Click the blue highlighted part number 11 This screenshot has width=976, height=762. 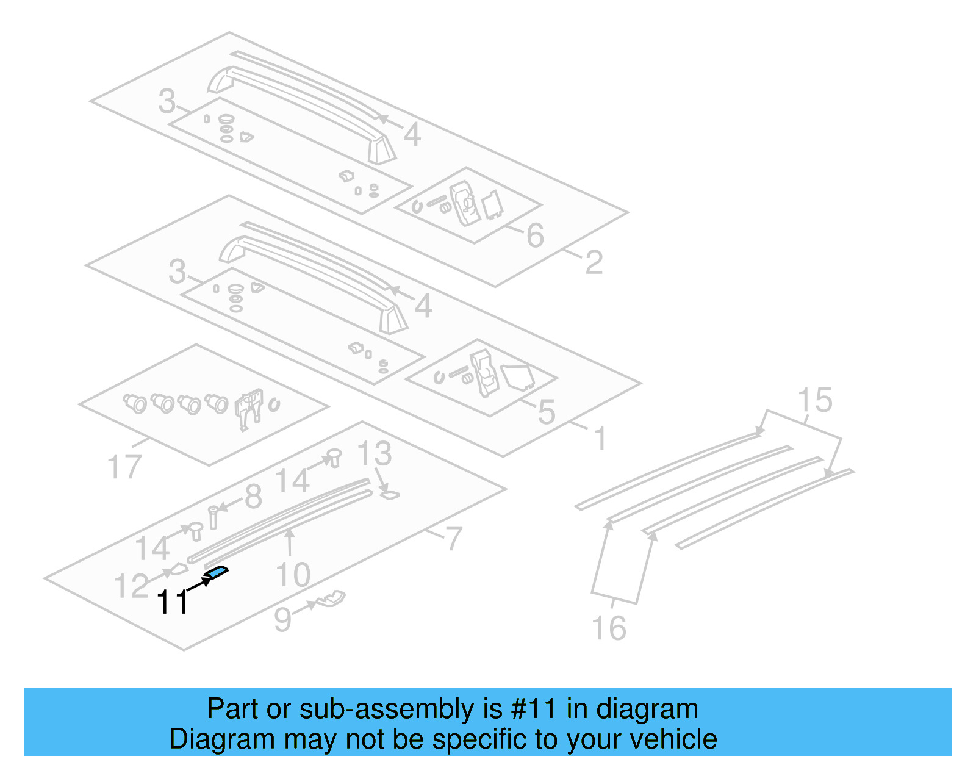(218, 572)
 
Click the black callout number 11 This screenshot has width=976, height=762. (173, 602)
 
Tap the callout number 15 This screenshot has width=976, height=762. (814, 401)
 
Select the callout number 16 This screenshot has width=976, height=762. (609, 628)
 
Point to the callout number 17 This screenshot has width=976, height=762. (124, 467)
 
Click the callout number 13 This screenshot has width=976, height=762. (374, 454)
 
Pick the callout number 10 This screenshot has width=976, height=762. (293, 575)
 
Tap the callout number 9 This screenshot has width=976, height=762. (282, 619)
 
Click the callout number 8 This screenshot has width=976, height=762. (253, 497)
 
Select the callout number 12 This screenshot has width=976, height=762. (131, 586)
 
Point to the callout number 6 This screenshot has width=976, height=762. (535, 235)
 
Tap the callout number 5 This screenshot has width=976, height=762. (547, 412)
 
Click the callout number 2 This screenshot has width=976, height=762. (594, 263)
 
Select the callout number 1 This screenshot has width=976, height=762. (600, 439)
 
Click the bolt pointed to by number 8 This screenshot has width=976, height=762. (213, 517)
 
